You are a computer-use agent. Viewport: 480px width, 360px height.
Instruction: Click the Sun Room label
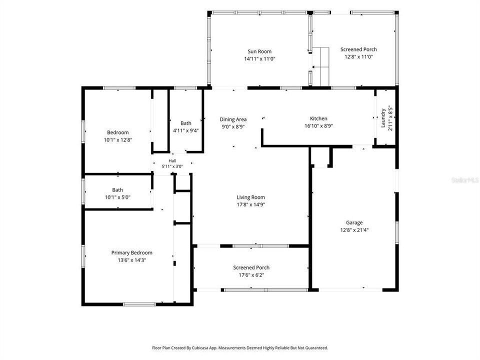[259, 51]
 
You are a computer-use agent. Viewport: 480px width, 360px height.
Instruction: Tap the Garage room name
[354, 222]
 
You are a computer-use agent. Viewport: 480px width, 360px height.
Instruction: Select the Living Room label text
[250, 197]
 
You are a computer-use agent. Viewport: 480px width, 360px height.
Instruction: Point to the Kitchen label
[318, 118]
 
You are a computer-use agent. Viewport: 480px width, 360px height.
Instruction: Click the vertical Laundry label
[383, 118]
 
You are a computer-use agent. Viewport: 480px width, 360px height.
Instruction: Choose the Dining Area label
[233, 119]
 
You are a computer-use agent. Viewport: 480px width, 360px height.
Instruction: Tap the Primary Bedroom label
[131, 253]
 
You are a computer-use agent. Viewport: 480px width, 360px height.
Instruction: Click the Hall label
[172, 160]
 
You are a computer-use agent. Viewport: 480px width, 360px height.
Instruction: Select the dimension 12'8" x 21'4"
[354, 230]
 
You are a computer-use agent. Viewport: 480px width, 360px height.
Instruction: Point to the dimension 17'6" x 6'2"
[251, 275]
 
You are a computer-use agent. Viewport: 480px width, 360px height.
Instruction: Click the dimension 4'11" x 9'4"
[186, 130]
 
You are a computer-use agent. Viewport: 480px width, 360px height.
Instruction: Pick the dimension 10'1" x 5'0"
[117, 197]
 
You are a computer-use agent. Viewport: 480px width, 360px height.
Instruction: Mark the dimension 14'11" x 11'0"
[259, 59]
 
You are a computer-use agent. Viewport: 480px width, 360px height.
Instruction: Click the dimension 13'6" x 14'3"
[131, 260]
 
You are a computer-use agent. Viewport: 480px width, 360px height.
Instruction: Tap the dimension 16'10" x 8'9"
[318, 126]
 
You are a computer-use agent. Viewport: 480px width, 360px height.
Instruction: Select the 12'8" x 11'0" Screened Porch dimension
[358, 56]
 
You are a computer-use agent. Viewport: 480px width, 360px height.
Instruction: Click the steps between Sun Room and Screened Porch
[320, 66]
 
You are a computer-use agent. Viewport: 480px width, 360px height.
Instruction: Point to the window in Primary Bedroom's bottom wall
[139, 304]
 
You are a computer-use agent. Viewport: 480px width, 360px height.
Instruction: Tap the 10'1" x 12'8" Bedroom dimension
[118, 140]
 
